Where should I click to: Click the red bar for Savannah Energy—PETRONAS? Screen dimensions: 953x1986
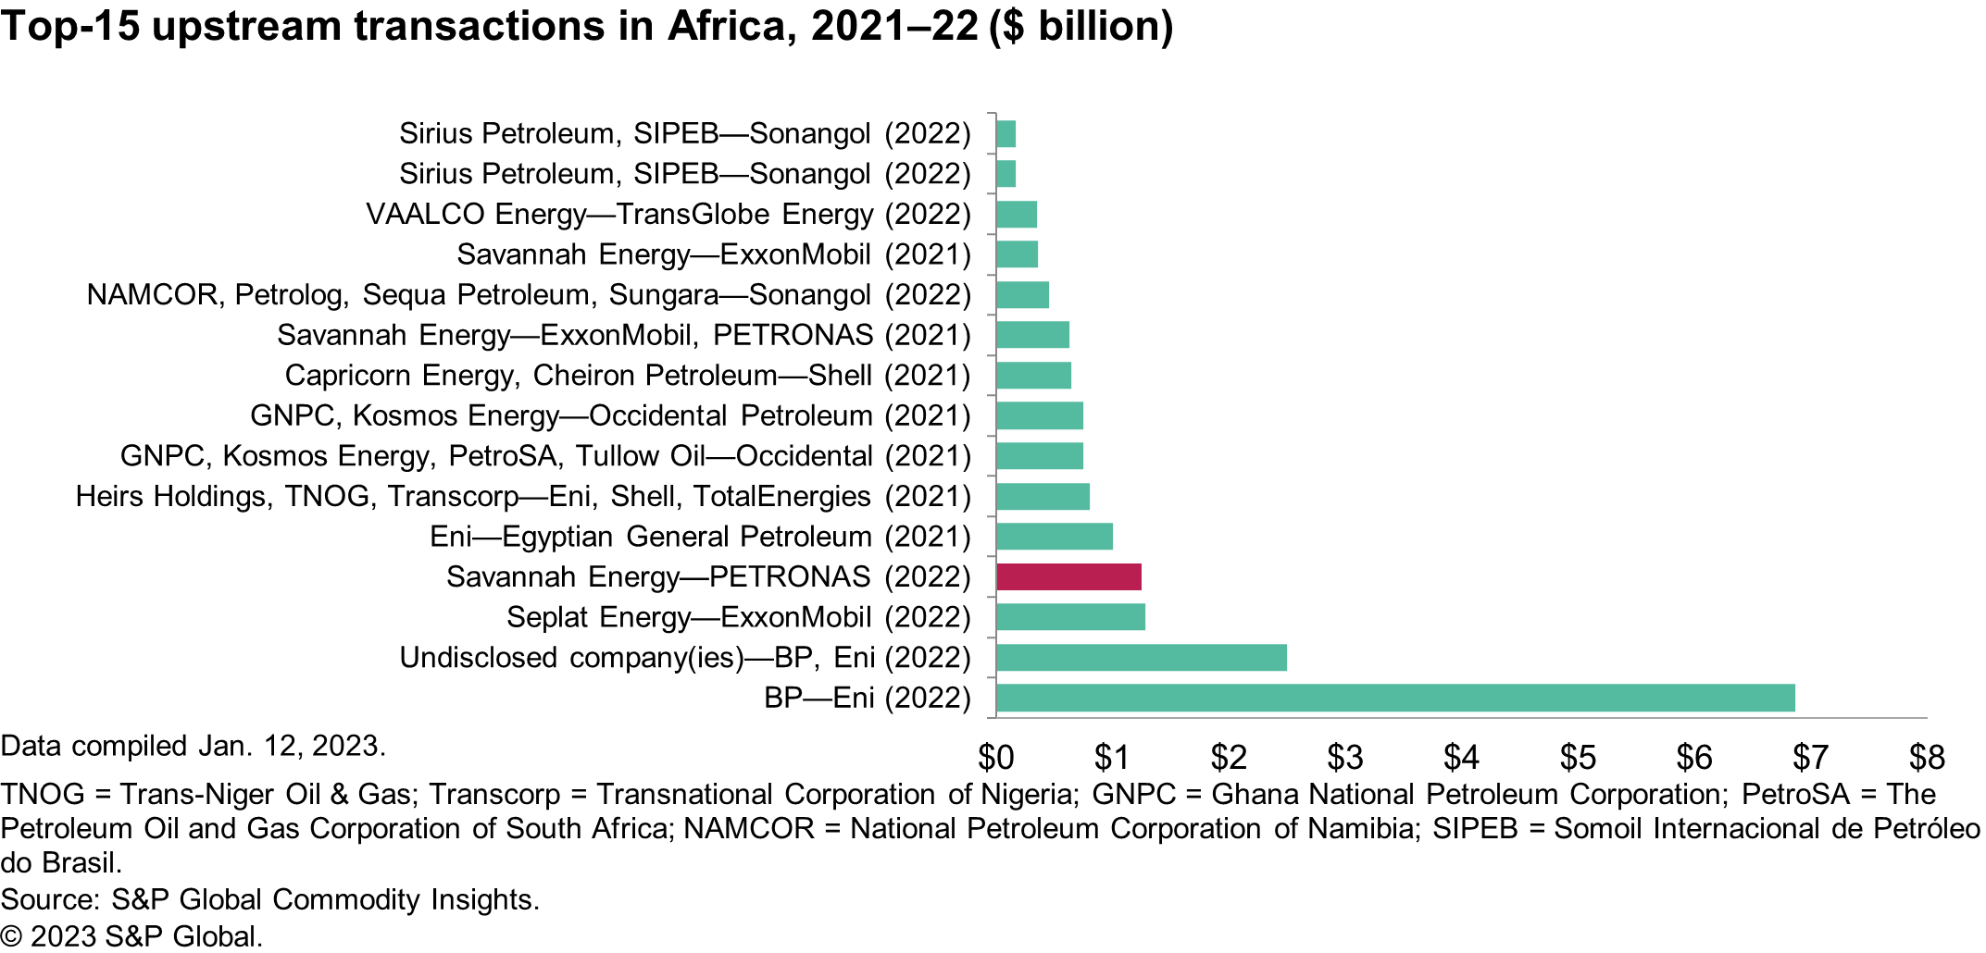(x=1068, y=576)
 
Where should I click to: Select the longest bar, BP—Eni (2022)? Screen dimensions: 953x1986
(x=1395, y=698)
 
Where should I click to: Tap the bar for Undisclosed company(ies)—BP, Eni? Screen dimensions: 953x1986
(x=1141, y=658)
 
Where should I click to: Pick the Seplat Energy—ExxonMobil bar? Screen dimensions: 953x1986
(x=1070, y=617)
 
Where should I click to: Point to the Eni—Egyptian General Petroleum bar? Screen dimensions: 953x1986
(x=1055, y=537)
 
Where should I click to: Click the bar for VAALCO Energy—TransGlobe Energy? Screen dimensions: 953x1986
(x=1017, y=215)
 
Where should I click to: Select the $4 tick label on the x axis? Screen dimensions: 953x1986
(x=1461, y=758)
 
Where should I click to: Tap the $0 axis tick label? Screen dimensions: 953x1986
(x=996, y=758)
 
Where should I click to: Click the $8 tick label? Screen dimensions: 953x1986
(x=1927, y=758)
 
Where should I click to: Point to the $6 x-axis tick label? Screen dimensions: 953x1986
(x=1694, y=758)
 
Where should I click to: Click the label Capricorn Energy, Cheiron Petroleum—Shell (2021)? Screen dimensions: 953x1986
(x=627, y=376)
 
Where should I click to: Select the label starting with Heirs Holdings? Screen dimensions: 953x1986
(x=522, y=497)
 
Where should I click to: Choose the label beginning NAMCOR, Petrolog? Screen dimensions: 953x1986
(x=528, y=295)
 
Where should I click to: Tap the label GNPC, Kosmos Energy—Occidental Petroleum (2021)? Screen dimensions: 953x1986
(x=610, y=416)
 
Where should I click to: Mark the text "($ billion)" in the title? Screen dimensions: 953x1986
(x=1080, y=26)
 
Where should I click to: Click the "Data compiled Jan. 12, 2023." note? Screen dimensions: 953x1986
(x=193, y=746)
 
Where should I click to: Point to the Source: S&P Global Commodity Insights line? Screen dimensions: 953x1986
(x=269, y=899)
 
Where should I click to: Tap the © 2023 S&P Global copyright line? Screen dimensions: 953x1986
(x=131, y=936)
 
